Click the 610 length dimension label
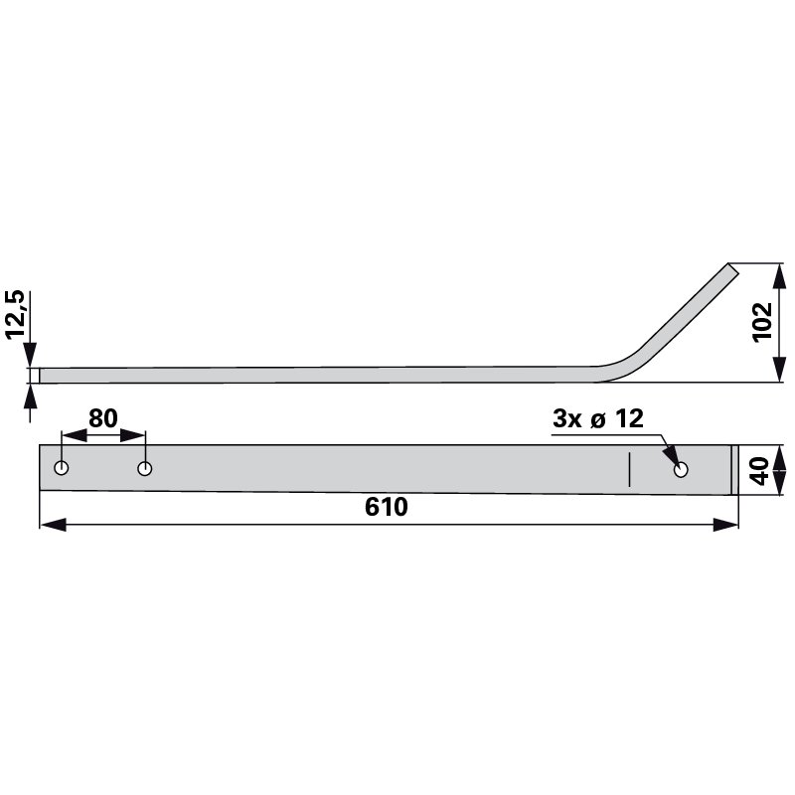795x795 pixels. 386,507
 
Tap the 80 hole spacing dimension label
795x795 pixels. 103,418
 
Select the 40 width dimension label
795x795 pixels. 759,471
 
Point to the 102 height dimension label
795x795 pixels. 762,322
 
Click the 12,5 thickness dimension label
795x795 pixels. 15,314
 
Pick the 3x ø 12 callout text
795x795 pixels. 598,418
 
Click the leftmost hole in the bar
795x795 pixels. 62,468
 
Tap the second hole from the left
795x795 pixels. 145,468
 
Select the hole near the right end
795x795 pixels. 681,469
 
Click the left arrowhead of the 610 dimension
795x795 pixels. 53,525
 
